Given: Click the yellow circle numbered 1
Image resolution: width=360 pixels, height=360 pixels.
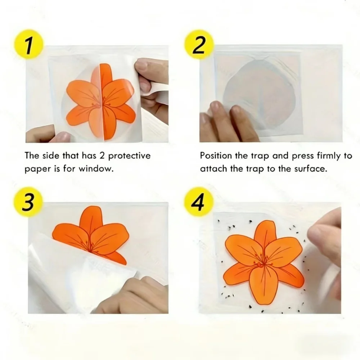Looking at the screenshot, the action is pos(28,45).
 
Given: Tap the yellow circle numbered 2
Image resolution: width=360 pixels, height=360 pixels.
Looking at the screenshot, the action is pos(199,45).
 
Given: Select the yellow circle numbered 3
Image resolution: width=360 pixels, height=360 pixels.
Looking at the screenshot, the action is pos(28,202).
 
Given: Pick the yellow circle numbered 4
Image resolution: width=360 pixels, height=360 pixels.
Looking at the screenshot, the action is pos(199,202).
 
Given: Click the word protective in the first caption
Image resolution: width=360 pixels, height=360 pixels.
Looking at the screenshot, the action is pos(129,156).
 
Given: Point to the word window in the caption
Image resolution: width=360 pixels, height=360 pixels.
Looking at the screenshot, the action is pos(96,169).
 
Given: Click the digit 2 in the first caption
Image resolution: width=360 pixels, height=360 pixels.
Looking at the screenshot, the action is pos(102,156).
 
